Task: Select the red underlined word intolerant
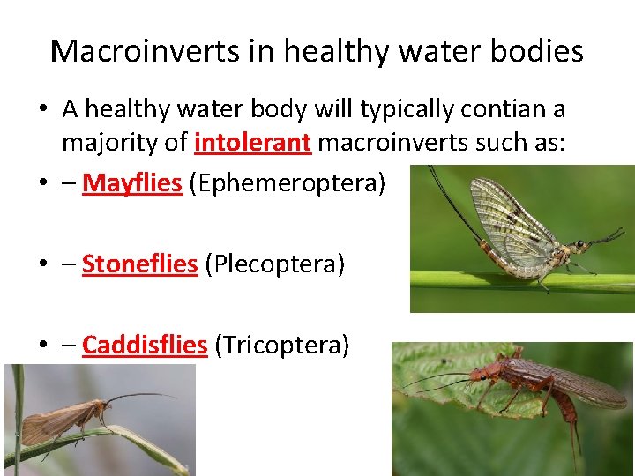click(x=252, y=142)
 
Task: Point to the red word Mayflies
click(x=131, y=183)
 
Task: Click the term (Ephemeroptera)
click(x=288, y=183)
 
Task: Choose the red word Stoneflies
click(x=139, y=264)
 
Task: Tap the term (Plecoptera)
click(x=274, y=264)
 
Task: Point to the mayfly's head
click(x=581, y=244)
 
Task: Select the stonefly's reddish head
click(x=481, y=374)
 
